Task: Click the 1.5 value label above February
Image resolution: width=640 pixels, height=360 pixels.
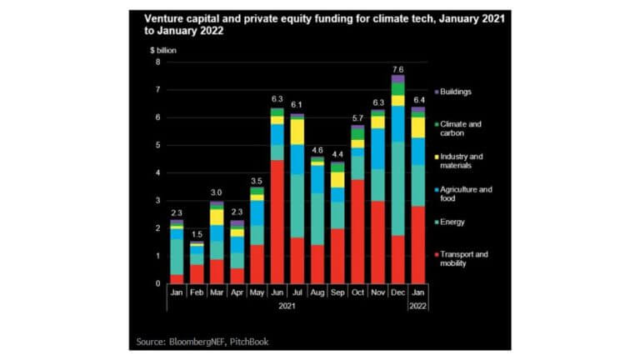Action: click(x=197, y=234)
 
